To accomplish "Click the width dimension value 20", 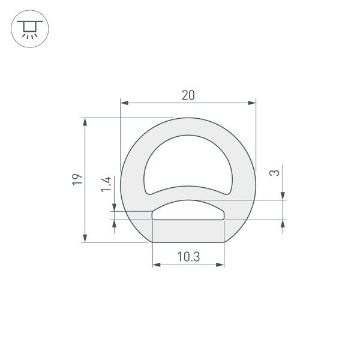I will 188,95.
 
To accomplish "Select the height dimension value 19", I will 76,180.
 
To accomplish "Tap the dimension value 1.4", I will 106,184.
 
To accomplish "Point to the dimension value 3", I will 274,173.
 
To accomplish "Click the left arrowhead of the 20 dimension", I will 125,103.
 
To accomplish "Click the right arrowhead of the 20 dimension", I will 251,103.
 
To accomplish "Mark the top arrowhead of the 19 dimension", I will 85,122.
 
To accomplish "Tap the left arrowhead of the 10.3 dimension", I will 157,264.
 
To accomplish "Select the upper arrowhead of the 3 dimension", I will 283,196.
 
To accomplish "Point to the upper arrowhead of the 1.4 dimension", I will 114,207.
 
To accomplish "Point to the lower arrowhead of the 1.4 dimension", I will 114,224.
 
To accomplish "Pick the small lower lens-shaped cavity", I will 188,211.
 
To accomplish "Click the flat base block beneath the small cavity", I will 188,231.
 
